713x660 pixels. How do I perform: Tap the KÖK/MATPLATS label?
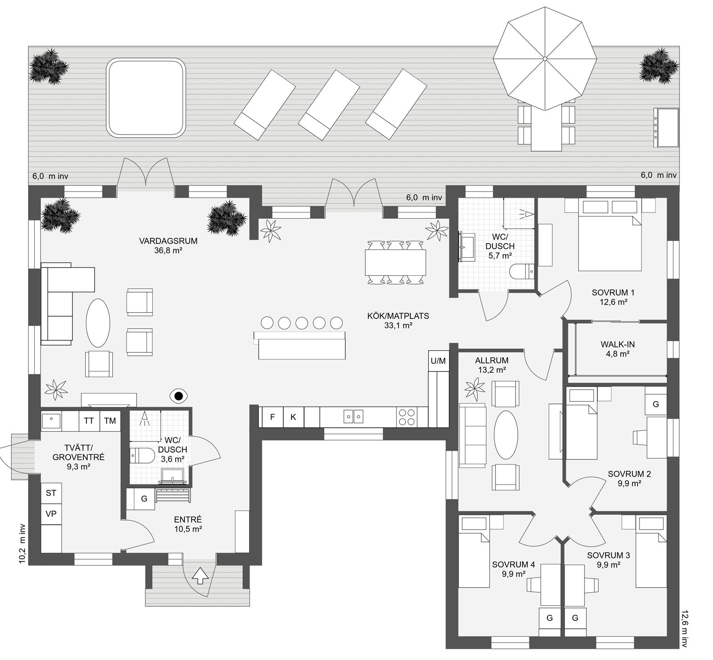point(398,316)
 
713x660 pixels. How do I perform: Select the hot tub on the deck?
point(146,98)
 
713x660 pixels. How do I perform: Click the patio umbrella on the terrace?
point(545,58)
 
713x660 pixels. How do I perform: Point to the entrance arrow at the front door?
point(200,575)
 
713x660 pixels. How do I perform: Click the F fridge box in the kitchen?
point(272,417)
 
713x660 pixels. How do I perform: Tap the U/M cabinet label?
point(438,361)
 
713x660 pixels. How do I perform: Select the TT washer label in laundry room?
point(89,420)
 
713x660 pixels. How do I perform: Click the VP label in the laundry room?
point(51,513)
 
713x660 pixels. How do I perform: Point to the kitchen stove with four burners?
point(406,417)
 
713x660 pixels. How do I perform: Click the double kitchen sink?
point(353,416)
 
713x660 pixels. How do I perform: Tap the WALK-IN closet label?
point(617,344)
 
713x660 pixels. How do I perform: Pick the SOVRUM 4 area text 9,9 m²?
point(513,574)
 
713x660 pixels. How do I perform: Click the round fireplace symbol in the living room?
point(179,395)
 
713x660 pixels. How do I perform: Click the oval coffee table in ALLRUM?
point(507,435)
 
